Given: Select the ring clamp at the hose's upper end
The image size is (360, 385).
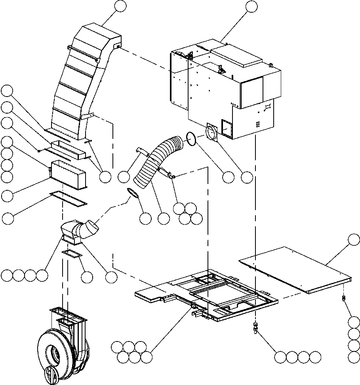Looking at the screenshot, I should [x=190, y=139].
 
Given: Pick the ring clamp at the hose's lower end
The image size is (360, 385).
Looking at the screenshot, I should [x=133, y=193].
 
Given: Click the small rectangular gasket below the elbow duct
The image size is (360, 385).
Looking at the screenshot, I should [x=72, y=254].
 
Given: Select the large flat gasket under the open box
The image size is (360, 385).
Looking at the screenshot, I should [x=69, y=198].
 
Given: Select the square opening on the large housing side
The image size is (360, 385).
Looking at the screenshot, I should [x=229, y=129].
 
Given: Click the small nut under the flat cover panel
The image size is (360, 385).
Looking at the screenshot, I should [x=343, y=298].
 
